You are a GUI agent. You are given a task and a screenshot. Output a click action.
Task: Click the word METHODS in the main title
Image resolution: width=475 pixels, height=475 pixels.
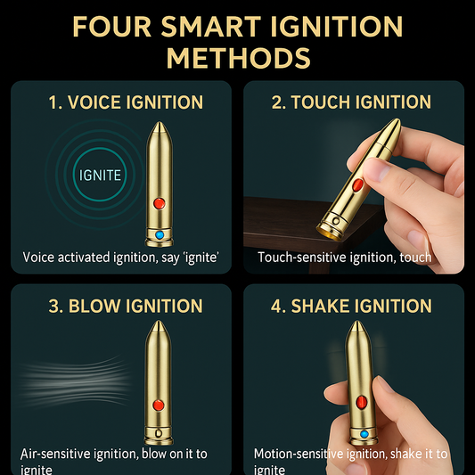[x=239, y=58]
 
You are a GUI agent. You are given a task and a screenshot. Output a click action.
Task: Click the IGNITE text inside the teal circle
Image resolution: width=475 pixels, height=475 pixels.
[x=100, y=175]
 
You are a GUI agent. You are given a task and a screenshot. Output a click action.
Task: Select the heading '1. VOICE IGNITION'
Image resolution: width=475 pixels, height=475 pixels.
[x=126, y=102]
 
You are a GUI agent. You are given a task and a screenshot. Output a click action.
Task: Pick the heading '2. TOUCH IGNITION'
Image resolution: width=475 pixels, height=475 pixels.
[x=351, y=102]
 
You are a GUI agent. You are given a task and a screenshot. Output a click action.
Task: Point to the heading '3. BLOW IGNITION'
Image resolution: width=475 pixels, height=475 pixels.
[x=126, y=306]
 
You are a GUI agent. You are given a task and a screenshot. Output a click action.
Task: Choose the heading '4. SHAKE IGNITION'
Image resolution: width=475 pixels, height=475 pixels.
[x=351, y=306]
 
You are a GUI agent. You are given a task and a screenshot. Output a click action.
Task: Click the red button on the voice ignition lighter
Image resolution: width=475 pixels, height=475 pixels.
[x=160, y=203]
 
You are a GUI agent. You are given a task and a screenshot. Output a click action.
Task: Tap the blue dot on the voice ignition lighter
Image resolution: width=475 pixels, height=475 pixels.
[x=160, y=234]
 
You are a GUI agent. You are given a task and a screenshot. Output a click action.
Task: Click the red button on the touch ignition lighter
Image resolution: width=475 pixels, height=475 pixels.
[x=357, y=184]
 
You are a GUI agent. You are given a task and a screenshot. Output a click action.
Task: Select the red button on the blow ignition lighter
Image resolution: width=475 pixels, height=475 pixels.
[x=159, y=405]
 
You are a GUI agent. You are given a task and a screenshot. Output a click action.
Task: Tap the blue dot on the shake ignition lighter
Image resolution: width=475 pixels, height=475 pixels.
[x=364, y=434]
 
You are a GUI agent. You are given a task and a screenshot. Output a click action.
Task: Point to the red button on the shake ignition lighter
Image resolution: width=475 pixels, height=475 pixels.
[x=362, y=402]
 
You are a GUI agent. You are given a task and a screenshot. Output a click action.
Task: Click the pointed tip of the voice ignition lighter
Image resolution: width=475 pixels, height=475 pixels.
[x=160, y=122]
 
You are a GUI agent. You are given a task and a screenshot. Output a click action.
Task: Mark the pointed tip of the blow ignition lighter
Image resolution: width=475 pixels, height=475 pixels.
[x=158, y=322]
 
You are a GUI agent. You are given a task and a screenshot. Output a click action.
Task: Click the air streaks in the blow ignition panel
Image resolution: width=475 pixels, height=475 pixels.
[x=74, y=381]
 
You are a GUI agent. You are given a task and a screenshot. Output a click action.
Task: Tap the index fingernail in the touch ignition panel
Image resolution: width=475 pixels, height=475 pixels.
[x=374, y=168]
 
